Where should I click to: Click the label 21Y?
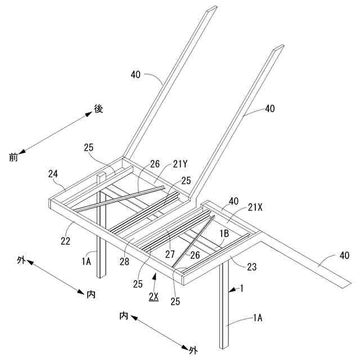click(x=180, y=164)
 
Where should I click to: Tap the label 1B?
click(x=223, y=232)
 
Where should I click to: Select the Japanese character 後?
click(x=98, y=108)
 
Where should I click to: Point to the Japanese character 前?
click(x=13, y=157)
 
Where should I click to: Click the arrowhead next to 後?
click(x=88, y=114)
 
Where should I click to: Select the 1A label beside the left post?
click(x=86, y=260)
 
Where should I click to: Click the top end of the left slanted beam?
click(x=211, y=8)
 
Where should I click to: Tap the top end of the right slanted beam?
click(x=276, y=49)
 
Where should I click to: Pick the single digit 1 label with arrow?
click(x=242, y=289)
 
